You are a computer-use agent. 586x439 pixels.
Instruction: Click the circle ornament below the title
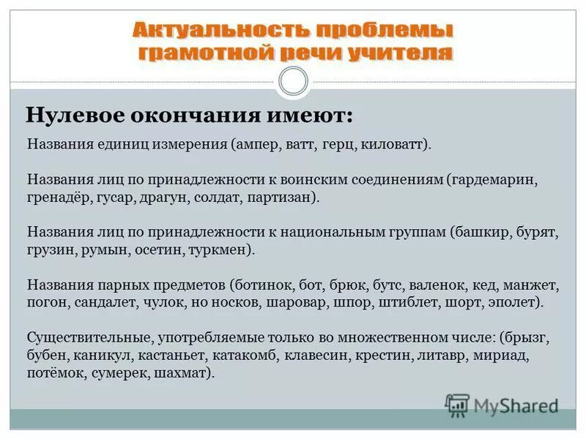(x=294, y=80)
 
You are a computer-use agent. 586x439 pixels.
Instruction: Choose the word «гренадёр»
(x=58, y=198)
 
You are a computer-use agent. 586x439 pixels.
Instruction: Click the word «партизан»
(x=285, y=198)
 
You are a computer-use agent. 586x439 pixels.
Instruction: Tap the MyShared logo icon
(x=457, y=404)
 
